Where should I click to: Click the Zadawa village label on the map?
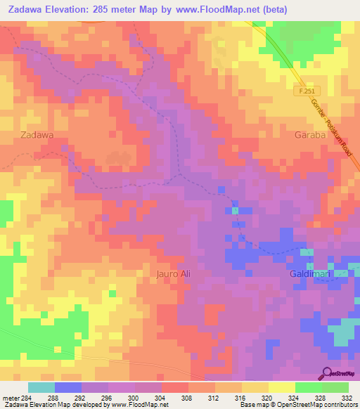point(37,134)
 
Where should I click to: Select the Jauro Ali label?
point(173,274)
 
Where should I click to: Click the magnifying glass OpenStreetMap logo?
point(328,372)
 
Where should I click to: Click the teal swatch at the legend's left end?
point(41,387)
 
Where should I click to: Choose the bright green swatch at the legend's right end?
point(335,387)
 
